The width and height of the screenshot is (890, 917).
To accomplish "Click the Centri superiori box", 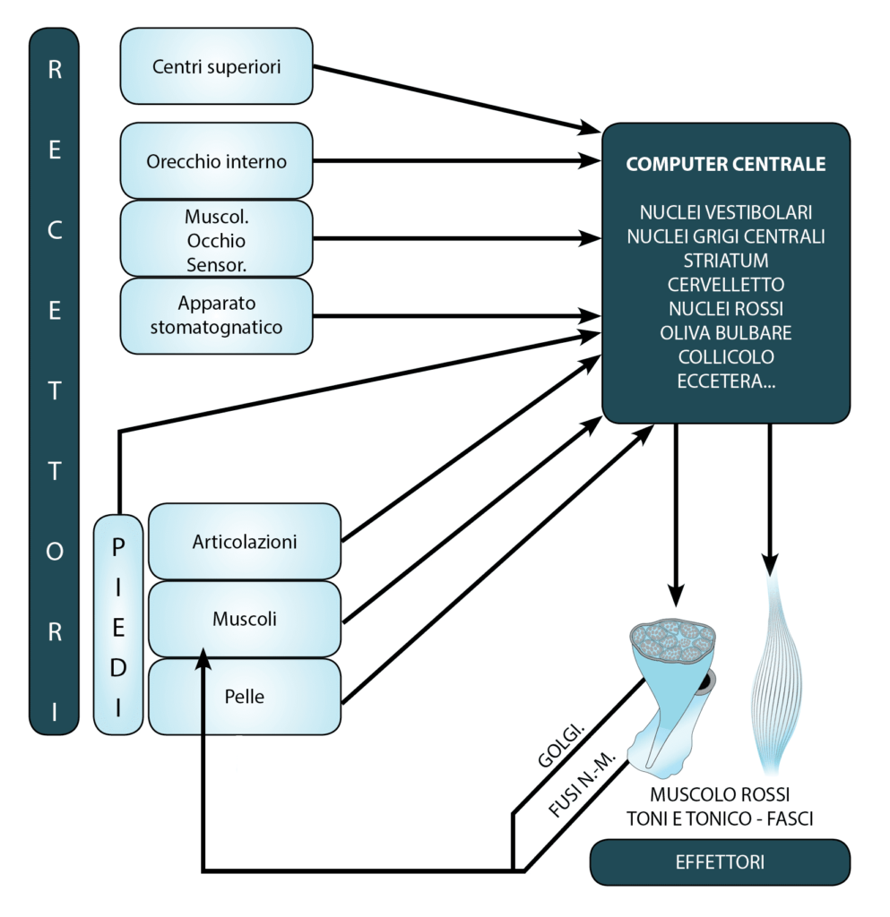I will (216, 66).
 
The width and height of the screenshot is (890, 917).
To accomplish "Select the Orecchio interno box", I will (216, 162).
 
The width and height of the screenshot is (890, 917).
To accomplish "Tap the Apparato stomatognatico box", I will (216, 315).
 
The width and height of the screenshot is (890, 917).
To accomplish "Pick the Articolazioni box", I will (244, 542).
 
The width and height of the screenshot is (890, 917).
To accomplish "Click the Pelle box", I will (244, 696).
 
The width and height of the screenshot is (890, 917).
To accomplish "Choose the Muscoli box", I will (244, 619).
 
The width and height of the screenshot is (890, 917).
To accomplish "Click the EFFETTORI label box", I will (719, 862).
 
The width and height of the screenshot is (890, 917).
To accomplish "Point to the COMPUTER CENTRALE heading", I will (725, 165).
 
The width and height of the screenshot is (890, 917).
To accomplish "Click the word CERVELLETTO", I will (725, 285).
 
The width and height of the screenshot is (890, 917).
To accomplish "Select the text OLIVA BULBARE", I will (725, 333).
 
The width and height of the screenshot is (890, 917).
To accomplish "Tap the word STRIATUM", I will (725, 261).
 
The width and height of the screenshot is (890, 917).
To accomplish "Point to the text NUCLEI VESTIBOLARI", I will (725, 213).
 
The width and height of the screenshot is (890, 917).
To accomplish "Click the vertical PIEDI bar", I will (118, 624).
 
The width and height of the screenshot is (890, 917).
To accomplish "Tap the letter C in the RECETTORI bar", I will (55, 230).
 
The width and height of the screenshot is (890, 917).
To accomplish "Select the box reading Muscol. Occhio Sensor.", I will (216, 240).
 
